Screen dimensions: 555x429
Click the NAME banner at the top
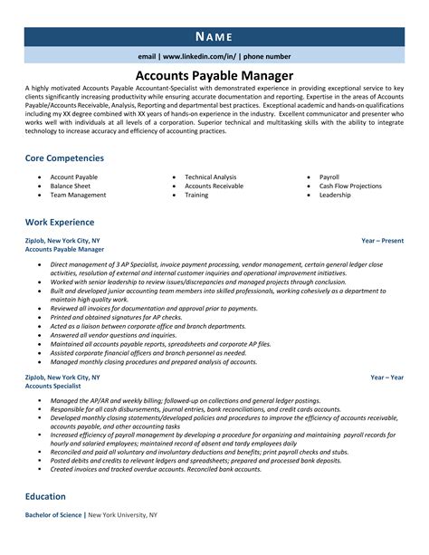(x=214, y=37)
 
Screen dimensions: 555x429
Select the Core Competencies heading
(x=64, y=158)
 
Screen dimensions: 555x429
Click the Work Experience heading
(x=60, y=222)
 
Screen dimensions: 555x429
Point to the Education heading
(x=45, y=522)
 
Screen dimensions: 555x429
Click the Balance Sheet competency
(x=71, y=186)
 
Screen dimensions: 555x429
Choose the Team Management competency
(x=78, y=195)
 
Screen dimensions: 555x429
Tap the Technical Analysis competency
(x=210, y=177)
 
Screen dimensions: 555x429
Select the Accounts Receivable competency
(x=214, y=186)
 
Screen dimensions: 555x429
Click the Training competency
(x=197, y=195)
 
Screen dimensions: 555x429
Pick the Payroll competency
(x=329, y=177)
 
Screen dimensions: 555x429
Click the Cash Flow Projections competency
(x=350, y=186)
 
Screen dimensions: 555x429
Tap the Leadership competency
(x=335, y=195)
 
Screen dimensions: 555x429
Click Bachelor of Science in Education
(x=54, y=541)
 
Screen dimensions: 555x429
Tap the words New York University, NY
(x=125, y=541)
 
